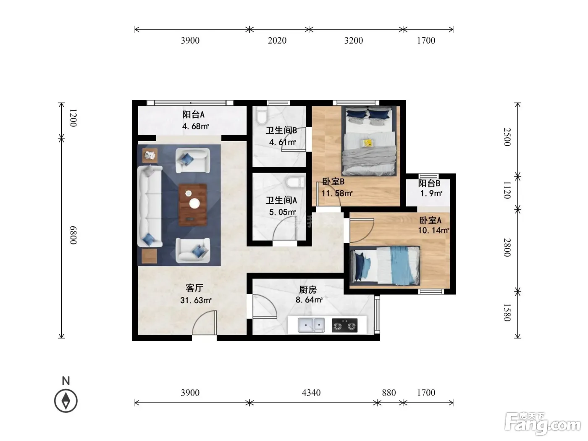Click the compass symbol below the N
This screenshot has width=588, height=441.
[x=66, y=401]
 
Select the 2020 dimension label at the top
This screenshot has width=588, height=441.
[x=277, y=40]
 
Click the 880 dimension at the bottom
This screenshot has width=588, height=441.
[x=388, y=393]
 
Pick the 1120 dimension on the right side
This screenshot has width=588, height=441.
[x=507, y=190]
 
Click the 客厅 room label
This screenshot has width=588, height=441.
[x=194, y=288]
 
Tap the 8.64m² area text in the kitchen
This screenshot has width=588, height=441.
[x=309, y=299]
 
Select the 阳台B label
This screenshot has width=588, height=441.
[x=429, y=184]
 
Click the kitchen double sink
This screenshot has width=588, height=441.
[x=311, y=325]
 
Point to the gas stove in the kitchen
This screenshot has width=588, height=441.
[x=344, y=325]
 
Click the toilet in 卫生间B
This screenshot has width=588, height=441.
[x=261, y=115]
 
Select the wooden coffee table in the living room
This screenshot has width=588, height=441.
[x=193, y=205]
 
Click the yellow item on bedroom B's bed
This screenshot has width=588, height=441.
[x=367, y=143]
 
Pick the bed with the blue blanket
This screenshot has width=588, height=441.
[x=385, y=265]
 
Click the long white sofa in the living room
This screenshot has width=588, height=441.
[x=150, y=206]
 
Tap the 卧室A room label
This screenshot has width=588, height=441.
[x=430, y=220]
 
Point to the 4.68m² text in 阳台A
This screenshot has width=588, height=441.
[x=196, y=126]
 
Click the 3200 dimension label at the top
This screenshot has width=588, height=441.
[x=354, y=40]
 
